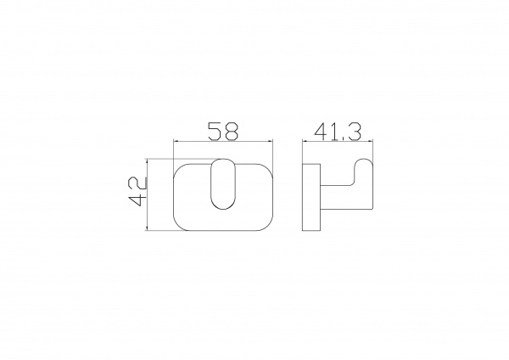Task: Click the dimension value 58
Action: click(x=223, y=132)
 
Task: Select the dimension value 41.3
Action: click(x=338, y=132)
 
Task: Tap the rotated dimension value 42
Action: click(x=138, y=192)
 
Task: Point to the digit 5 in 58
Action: click(x=215, y=132)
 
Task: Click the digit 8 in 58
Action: click(x=232, y=132)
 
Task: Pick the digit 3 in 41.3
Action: click(x=354, y=132)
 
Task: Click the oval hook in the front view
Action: click(x=223, y=184)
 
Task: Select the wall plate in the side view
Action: click(x=311, y=197)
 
